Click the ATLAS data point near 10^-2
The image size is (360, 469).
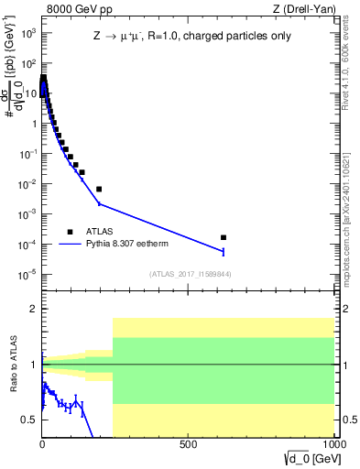pyautogui.click(x=99, y=189)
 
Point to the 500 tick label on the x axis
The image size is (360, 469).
pyautogui.click(x=189, y=445)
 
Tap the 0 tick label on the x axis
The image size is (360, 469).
pyautogui.click(x=42, y=445)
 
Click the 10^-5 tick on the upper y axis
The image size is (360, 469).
pyautogui.click(x=28, y=274)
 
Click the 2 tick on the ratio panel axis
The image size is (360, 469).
pyautogui.click(x=33, y=310)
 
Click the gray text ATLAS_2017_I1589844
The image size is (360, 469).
pyautogui.click(x=191, y=274)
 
